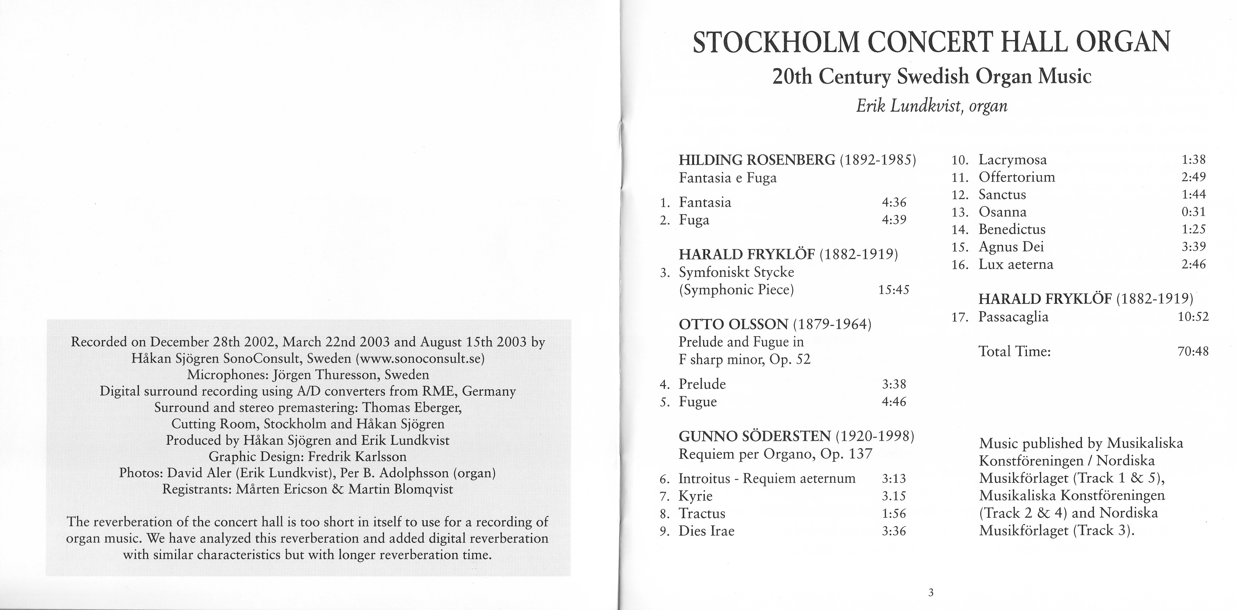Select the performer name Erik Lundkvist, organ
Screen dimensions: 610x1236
point(931,106)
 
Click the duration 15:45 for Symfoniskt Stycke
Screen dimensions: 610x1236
point(893,290)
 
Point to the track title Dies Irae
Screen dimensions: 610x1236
point(706,531)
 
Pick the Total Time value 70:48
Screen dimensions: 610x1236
point(1193,351)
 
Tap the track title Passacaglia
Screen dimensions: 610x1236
point(1013,317)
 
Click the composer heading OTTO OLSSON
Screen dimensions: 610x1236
point(733,325)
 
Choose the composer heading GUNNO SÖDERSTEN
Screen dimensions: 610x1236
point(755,436)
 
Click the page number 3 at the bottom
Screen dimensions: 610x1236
point(931,593)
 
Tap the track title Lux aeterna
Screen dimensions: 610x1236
point(1016,264)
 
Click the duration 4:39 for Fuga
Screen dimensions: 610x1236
point(894,220)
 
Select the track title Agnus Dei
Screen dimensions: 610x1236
point(1011,246)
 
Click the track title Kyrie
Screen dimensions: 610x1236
point(695,496)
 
